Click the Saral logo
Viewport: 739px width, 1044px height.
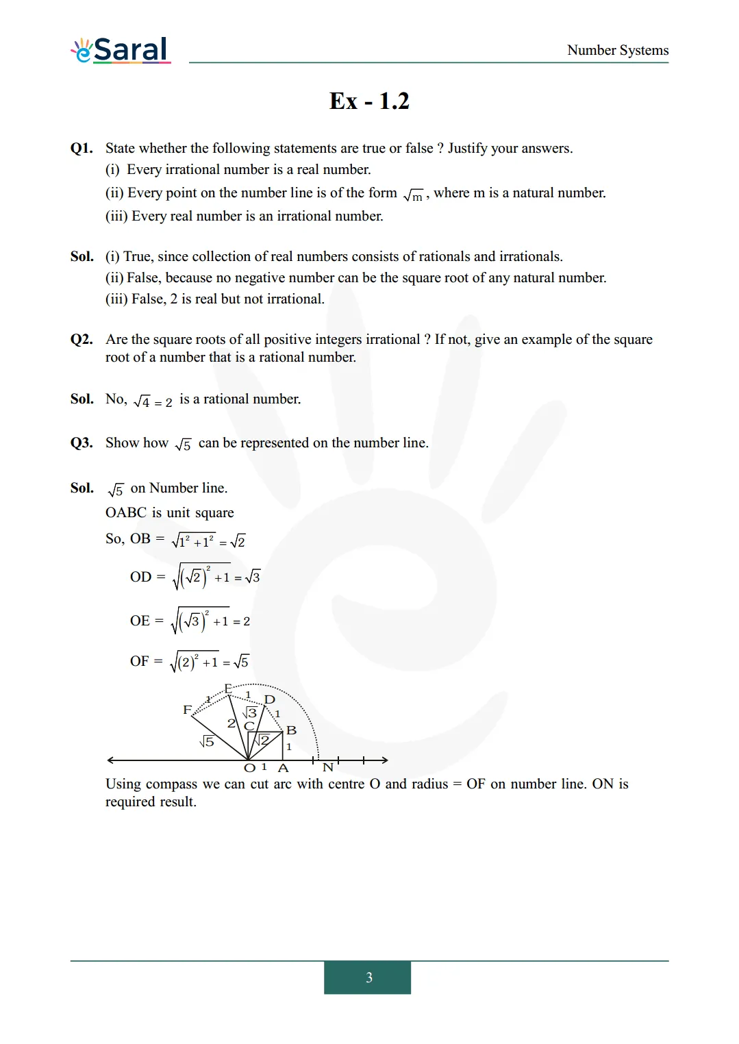(x=121, y=50)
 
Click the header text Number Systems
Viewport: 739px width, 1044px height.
(x=617, y=50)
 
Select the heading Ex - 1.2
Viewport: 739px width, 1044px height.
(x=369, y=101)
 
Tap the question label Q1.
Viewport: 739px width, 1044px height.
(x=82, y=149)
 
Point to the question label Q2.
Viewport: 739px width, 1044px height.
(x=82, y=340)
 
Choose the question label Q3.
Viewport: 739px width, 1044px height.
(x=82, y=443)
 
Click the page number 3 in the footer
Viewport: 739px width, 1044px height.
(x=368, y=978)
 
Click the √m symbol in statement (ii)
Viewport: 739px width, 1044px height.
(x=414, y=195)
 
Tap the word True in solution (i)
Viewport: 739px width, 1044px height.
(x=137, y=257)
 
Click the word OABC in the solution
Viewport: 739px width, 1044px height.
(x=126, y=513)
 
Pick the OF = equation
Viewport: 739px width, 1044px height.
(x=189, y=662)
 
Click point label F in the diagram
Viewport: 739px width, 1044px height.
(x=187, y=710)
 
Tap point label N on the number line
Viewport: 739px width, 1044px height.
(x=328, y=767)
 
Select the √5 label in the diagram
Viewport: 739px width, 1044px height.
(x=207, y=741)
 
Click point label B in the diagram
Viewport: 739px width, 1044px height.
(x=291, y=730)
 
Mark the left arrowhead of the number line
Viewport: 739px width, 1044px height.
(x=110, y=760)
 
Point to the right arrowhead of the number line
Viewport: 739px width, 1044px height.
(x=386, y=760)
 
